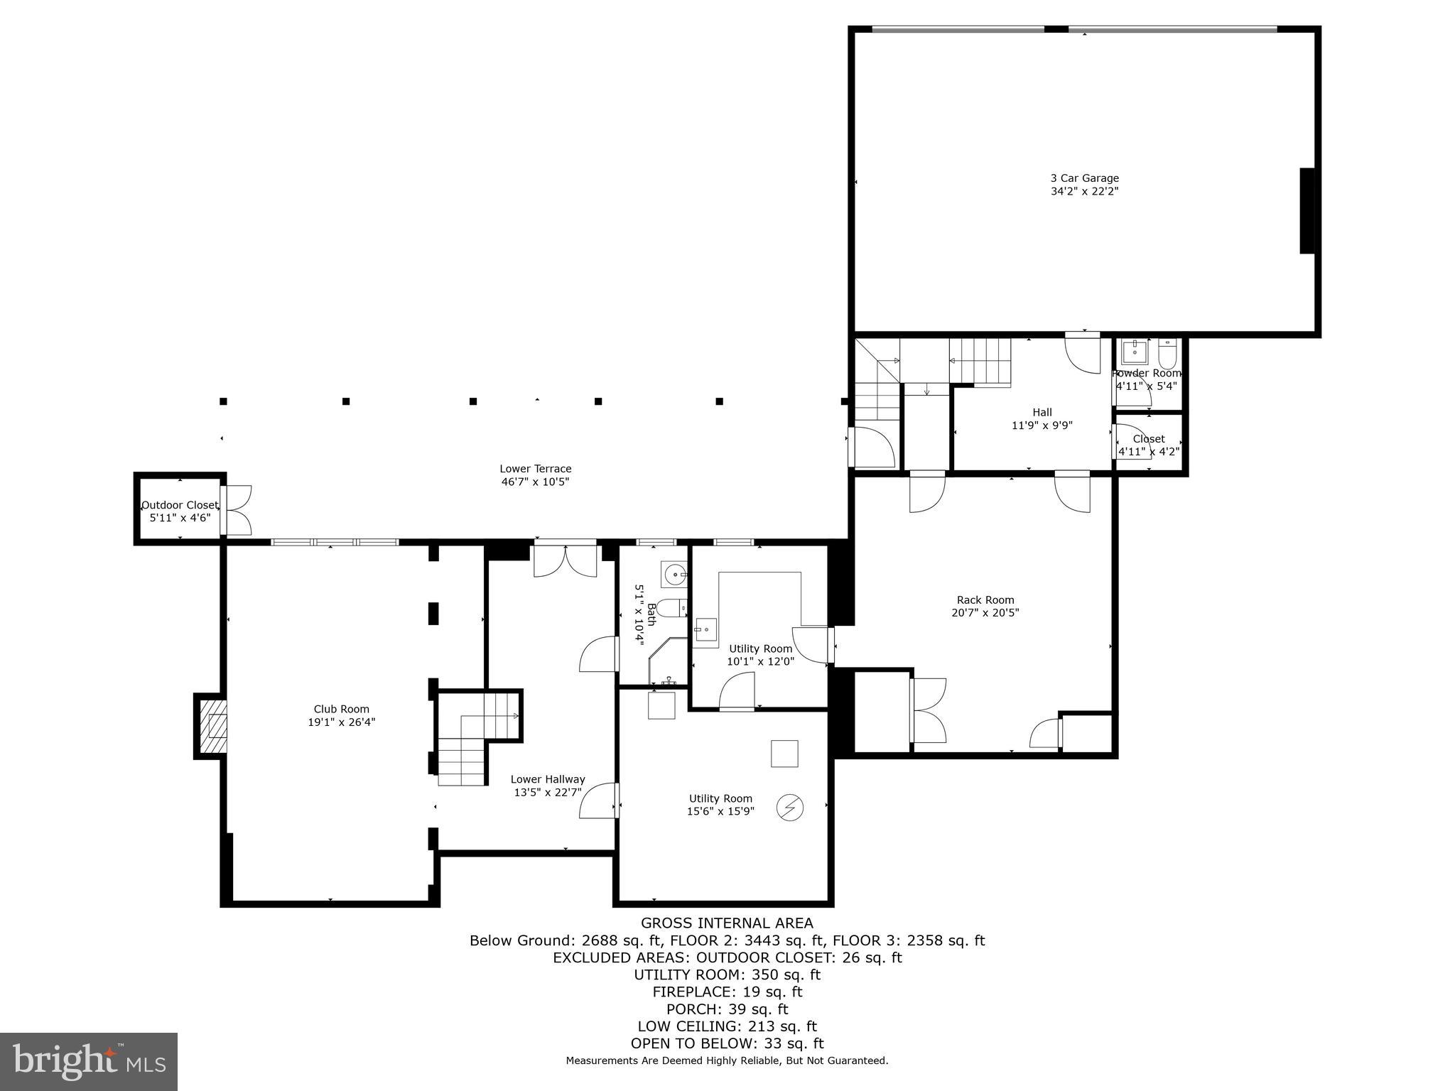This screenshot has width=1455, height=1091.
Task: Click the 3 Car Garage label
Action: [1084, 178]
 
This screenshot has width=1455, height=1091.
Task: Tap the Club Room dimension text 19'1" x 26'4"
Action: [341, 722]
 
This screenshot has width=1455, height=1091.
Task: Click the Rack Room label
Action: [985, 599]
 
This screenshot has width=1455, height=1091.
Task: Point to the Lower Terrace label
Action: [535, 469]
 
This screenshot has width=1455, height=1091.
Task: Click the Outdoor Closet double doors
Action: [237, 510]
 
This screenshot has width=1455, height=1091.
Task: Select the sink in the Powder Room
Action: [1135, 352]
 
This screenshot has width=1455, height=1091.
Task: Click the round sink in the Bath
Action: [673, 573]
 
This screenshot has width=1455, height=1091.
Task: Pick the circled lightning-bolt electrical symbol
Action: [789, 808]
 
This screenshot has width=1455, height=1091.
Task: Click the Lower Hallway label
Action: [548, 779]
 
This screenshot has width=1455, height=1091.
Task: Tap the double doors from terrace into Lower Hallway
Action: [565, 560]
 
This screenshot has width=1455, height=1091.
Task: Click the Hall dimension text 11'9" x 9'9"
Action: [1042, 425]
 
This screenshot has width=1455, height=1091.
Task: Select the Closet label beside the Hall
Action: [1149, 439]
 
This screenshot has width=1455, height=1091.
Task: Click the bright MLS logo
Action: [89, 1062]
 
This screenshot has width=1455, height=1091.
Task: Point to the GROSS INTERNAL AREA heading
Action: [727, 923]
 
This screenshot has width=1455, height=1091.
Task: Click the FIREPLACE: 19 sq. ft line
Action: [727, 992]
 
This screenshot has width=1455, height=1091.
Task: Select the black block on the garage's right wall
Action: [1307, 210]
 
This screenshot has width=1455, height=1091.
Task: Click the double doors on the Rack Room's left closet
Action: [928, 710]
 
